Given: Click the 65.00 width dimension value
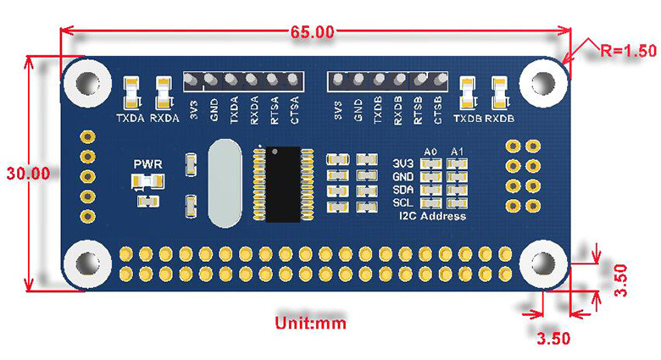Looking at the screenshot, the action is pos(312,32).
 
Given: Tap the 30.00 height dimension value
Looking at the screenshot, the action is pos(28,174).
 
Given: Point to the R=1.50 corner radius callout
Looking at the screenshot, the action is pos(629,51).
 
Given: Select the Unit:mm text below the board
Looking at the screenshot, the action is pos(311,324).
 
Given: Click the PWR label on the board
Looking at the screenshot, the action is pos(148,164).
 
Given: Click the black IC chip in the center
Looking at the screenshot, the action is pos(283,184).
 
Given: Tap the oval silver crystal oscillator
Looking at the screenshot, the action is pos(225,184).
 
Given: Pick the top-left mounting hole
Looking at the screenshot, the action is pos(87,83).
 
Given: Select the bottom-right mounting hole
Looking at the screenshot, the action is pos(543,263).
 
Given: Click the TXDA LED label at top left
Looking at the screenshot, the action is pos(131,119).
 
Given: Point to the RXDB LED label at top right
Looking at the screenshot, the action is pos(499,119).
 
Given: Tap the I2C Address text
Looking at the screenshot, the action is pos(432,216).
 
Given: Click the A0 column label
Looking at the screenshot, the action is pos(430,152).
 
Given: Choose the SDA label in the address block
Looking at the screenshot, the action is pos(403,190).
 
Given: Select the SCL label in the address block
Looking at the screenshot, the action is pos(403,202).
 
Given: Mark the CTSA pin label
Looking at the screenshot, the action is pos(295,110).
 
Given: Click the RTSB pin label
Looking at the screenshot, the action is pos(418,110).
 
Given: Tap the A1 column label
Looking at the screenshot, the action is pos(457,152).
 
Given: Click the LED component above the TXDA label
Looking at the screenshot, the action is pos(131,93).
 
